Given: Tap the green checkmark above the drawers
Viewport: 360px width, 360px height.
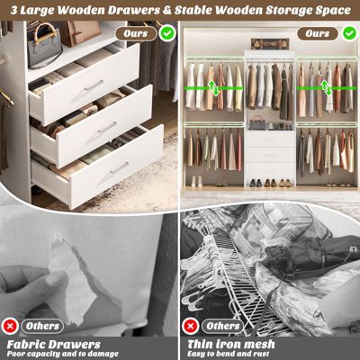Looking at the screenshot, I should [167, 32].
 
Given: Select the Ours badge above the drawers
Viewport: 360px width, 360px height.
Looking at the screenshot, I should [137, 32].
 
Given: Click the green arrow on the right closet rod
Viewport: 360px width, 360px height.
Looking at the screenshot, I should [323, 87].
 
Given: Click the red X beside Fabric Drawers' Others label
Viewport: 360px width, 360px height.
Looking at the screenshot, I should [11, 325].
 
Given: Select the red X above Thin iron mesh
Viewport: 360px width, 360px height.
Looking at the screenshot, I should [193, 325].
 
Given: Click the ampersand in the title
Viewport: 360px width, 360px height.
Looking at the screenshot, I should [172, 10].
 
